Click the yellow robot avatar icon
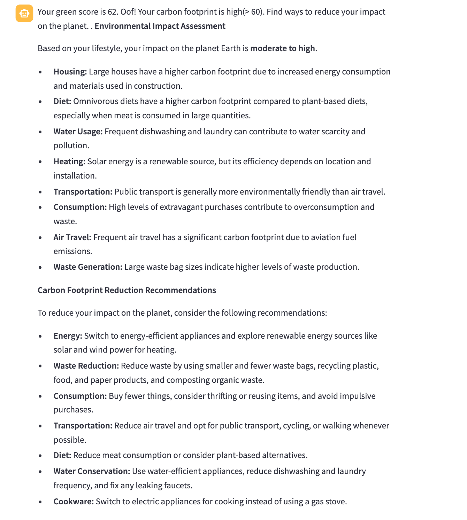[x=24, y=13]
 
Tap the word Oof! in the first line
[x=128, y=12]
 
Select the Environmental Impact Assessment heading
[x=160, y=26]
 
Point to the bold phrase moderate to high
[x=283, y=48]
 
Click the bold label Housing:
[x=70, y=72]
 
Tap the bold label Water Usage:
[x=78, y=132]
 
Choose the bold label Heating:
[x=69, y=161]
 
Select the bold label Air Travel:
[x=72, y=237]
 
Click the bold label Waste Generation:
[x=88, y=267]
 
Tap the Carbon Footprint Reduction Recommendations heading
[x=127, y=290]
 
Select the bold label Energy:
[x=68, y=336]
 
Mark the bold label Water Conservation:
[x=92, y=471]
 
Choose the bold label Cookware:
[x=74, y=502]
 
